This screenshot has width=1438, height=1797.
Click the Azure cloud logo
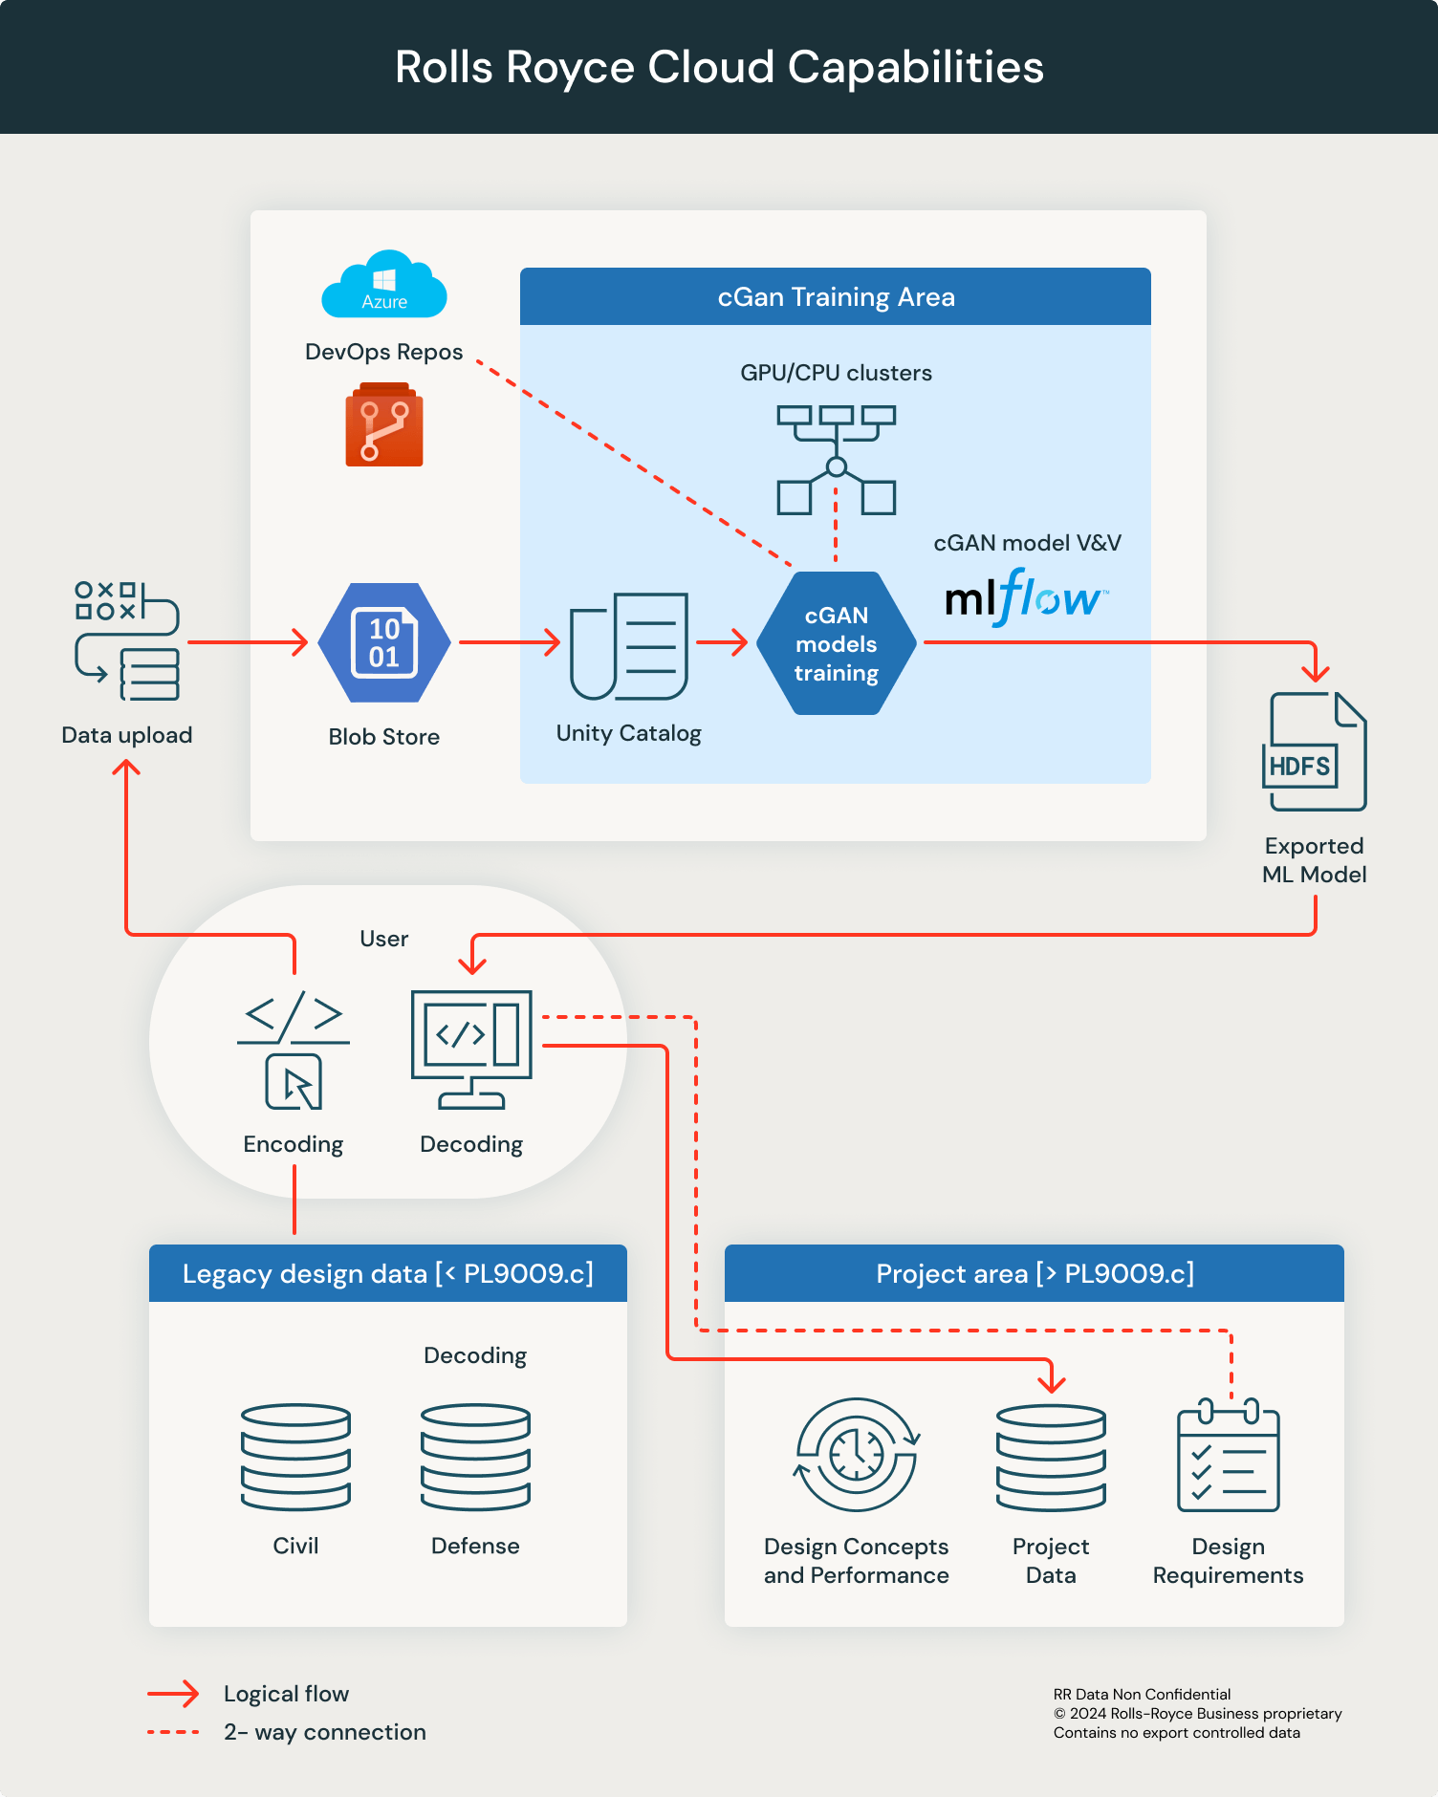pos(384,285)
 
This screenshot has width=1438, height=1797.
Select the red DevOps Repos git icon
pos(384,425)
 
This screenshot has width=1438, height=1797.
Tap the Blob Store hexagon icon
pos(384,643)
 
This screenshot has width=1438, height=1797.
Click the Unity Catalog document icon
pos(629,646)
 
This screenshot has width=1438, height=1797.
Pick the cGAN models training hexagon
pos(837,643)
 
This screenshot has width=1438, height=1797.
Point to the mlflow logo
pos(1026,598)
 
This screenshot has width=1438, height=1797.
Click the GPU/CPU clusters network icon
pos(837,460)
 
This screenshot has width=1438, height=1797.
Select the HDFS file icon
pos(1315,752)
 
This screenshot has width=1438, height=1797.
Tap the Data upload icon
pos(127,641)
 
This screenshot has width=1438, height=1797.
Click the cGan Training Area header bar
pos(836,297)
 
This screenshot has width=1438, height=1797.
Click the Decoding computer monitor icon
pos(471,1050)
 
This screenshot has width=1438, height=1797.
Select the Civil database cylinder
pos(295,1457)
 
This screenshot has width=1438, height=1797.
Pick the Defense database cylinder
pos(475,1457)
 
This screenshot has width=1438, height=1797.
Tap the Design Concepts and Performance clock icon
pos(857,1455)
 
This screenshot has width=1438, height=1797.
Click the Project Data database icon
pos(1051,1458)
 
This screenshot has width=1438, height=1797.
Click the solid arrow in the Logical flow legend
pos(173,1695)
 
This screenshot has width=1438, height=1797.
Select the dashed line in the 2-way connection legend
pos(173,1732)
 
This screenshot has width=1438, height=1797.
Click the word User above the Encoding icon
pos(384,939)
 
